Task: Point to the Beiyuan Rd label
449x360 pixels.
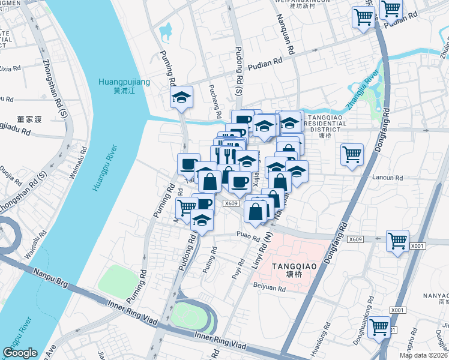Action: [269, 288]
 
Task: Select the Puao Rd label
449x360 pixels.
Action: [247, 235]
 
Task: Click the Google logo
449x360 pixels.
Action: [20, 353]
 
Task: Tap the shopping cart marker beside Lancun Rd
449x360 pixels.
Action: [352, 155]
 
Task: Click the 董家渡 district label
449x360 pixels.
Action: [29, 119]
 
